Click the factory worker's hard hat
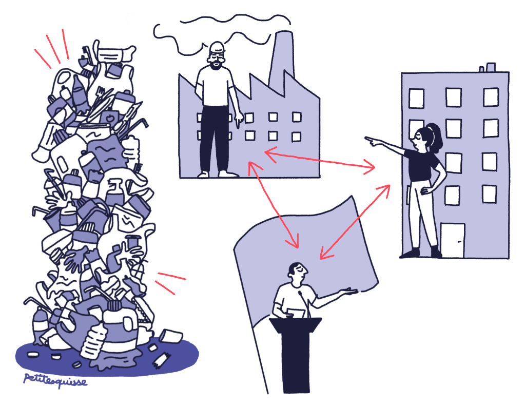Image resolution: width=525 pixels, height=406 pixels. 217,47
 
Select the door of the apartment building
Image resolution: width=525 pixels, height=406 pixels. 452,240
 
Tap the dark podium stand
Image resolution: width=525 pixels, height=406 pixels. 295,355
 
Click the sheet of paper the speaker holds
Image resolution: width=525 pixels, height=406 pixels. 296,313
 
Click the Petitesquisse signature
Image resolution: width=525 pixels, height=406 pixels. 55,381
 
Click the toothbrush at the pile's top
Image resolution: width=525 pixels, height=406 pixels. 86,55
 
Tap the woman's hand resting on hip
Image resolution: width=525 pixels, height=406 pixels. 426,190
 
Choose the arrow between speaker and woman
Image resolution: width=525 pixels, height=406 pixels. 355,221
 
